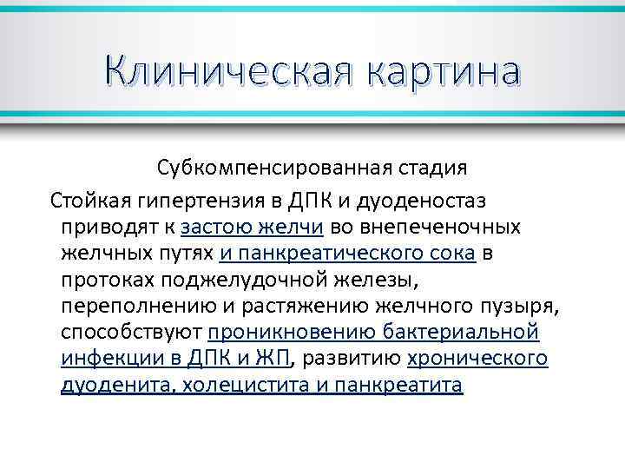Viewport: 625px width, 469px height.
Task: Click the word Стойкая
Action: point(89,201)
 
